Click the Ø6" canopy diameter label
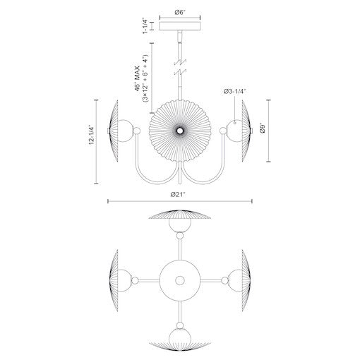180,11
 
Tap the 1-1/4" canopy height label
145,28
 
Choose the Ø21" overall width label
180,193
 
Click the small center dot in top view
180,280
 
